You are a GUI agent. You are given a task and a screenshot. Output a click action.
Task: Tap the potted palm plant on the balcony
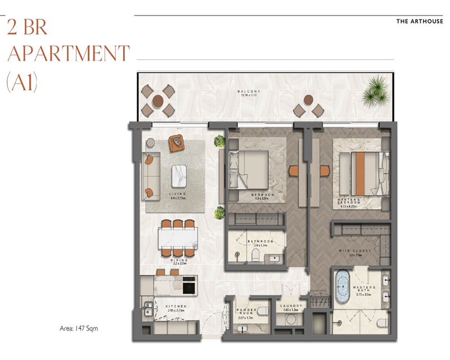pyautogui.click(x=375, y=89)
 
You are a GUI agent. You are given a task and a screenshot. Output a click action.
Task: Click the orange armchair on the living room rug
pyautogui.click(x=178, y=143)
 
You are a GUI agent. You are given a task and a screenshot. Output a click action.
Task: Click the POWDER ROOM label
pyautogui.click(x=245, y=314)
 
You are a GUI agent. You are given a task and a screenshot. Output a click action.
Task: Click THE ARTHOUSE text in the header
pyautogui.click(x=420, y=21)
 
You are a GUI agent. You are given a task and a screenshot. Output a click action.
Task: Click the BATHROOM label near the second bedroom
pyautogui.click(x=260, y=241)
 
